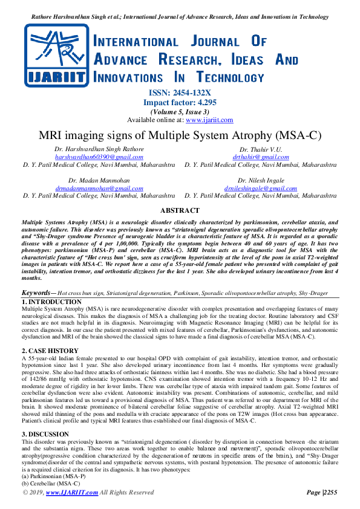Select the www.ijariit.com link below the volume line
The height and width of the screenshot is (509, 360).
209,120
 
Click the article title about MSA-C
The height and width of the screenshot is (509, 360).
180,135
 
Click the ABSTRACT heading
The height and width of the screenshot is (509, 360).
180,210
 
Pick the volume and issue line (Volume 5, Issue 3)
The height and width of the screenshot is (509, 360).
180,111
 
